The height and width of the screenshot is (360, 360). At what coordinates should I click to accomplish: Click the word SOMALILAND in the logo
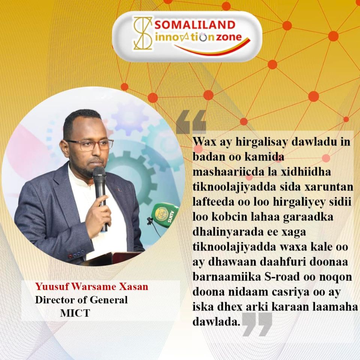tap(195, 25)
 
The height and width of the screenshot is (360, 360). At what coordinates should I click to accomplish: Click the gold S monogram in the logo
tap(143, 33)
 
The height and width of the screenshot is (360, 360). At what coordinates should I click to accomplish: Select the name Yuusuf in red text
tap(51, 287)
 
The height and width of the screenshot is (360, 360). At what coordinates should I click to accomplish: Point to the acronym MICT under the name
tap(75, 313)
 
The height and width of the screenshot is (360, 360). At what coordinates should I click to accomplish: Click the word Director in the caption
tap(51, 300)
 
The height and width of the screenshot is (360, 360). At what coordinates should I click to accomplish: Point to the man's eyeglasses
tap(90, 145)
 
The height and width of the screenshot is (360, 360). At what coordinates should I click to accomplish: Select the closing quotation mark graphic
tap(257, 324)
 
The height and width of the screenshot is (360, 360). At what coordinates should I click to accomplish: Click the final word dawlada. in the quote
tap(216, 322)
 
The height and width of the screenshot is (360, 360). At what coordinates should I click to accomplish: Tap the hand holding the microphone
tap(98, 213)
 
